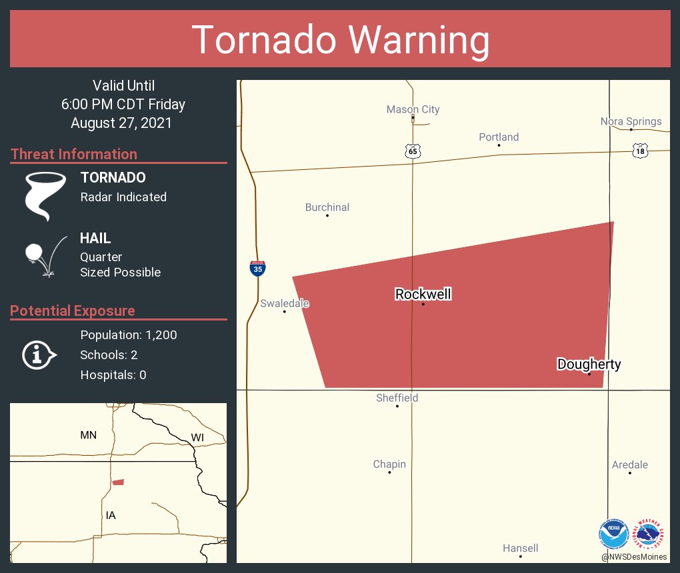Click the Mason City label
pyautogui.click(x=413, y=109)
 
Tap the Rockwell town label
pyautogui.click(x=423, y=294)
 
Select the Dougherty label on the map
pyautogui.click(x=589, y=364)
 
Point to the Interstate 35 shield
pyautogui.click(x=257, y=269)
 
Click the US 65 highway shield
pyautogui.click(x=413, y=151)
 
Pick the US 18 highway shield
pyautogui.click(x=640, y=151)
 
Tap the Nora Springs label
pyautogui.click(x=631, y=121)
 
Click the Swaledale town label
pyautogui.click(x=285, y=303)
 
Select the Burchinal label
pyautogui.click(x=327, y=207)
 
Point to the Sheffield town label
pyautogui.click(x=397, y=398)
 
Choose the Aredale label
pyautogui.click(x=629, y=464)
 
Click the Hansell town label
pyautogui.click(x=520, y=548)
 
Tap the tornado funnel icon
pyautogui.click(x=46, y=196)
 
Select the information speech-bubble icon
pyautogui.click(x=39, y=355)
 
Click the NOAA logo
pyautogui.click(x=613, y=534)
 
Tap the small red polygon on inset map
pyautogui.click(x=118, y=482)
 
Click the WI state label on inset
pyautogui.click(x=197, y=437)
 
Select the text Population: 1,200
pyautogui.click(x=129, y=335)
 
